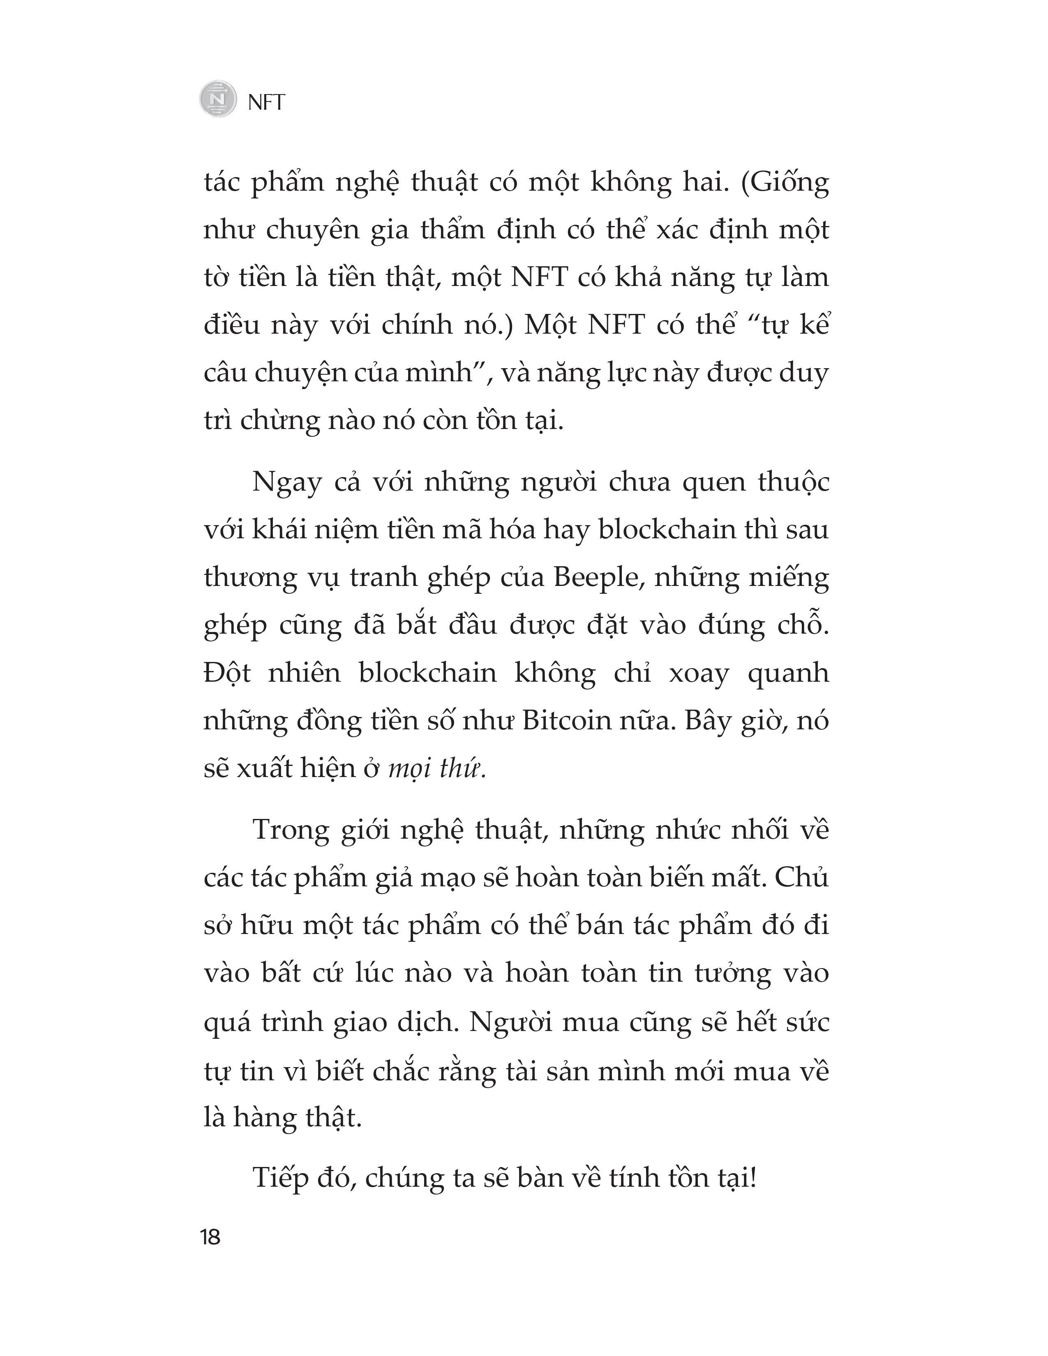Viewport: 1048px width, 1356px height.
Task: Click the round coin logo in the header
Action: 218,99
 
